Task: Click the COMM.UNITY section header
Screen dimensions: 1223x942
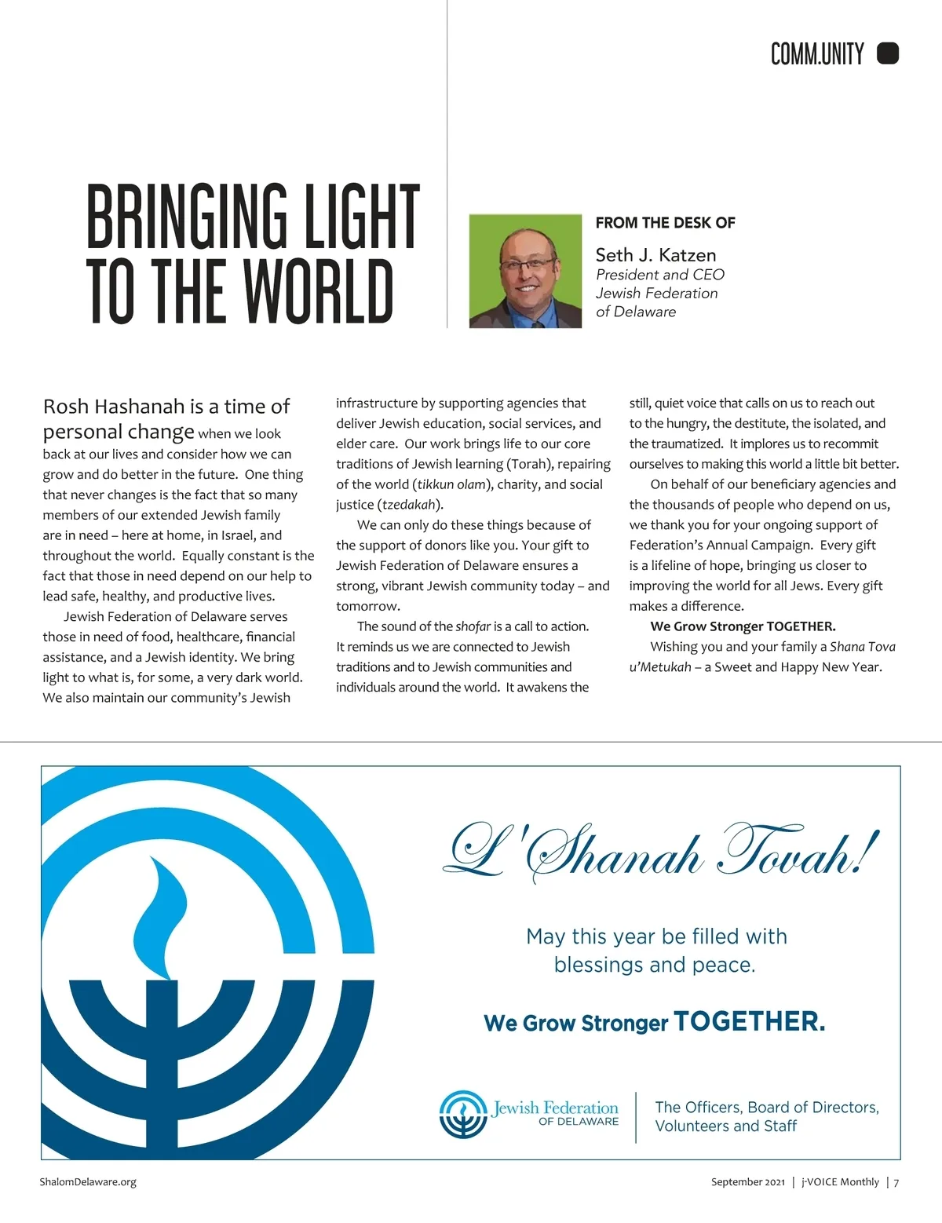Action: coord(816,54)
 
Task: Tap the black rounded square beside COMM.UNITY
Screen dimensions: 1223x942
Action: coord(887,53)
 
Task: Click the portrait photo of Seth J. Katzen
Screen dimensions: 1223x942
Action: coord(525,271)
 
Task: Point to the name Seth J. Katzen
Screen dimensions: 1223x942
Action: coord(655,255)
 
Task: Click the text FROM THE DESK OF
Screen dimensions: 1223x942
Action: coord(665,223)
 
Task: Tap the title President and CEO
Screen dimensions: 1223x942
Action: coord(659,275)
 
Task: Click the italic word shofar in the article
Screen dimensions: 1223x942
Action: coord(473,626)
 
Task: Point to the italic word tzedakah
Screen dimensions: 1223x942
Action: coord(408,505)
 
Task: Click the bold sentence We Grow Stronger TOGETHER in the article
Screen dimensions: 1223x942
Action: coord(743,626)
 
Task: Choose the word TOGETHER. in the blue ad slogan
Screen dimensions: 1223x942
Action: coord(749,1021)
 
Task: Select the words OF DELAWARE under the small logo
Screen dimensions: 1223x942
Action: coord(578,1122)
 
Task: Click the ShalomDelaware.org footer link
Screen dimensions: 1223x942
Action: coord(88,1182)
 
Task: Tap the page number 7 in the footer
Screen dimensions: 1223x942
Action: coord(896,1182)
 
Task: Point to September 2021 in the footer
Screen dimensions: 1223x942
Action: coord(747,1182)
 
